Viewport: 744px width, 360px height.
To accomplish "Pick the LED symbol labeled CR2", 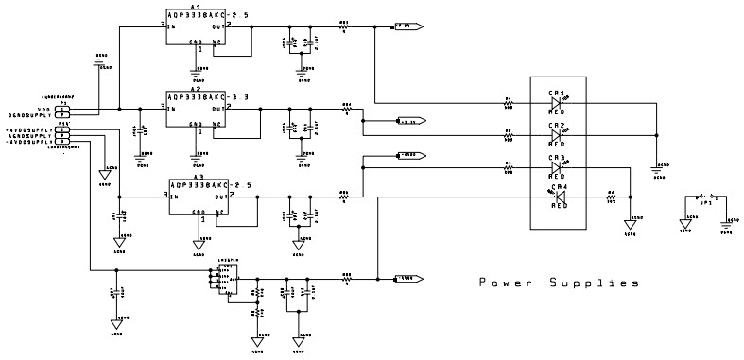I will click(x=557, y=134).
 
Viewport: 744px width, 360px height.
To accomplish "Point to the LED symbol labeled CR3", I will click(x=557, y=167).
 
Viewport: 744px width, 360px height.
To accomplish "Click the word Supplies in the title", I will click(x=592, y=283).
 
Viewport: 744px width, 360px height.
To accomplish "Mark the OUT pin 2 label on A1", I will click(x=243, y=27).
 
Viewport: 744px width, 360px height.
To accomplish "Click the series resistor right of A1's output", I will click(x=344, y=27).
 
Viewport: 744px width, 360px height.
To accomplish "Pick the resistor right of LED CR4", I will click(x=611, y=197).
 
